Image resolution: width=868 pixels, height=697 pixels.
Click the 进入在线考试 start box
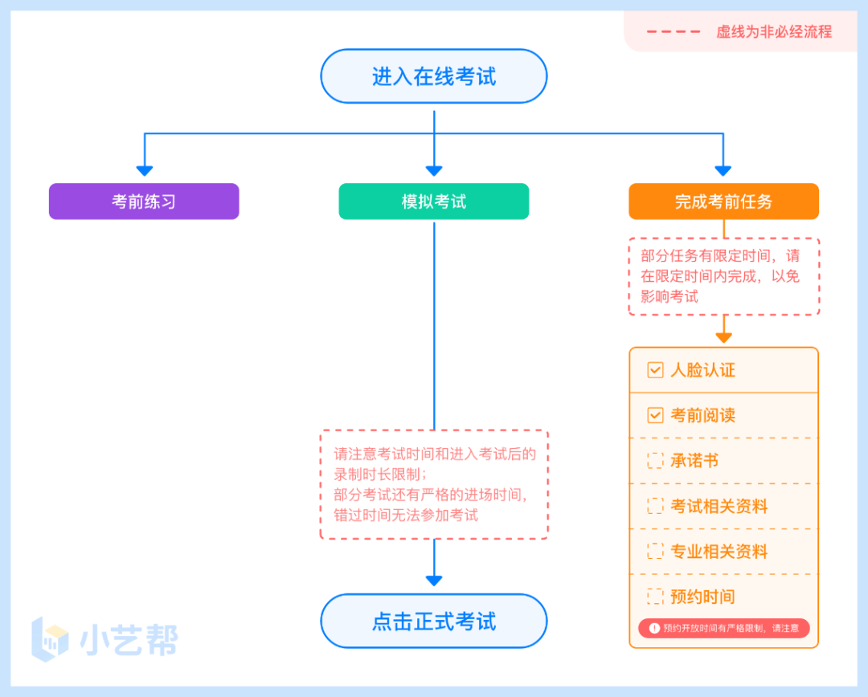pos(433,76)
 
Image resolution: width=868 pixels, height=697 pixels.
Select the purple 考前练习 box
pos(144,202)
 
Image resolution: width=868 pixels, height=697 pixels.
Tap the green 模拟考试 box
pos(433,202)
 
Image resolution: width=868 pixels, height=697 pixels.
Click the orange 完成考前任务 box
pos(723,202)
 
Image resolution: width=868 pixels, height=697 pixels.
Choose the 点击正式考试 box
pos(433,621)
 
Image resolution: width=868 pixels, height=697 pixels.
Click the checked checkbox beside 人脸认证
pos(655,370)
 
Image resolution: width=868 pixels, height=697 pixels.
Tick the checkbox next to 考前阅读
pos(655,415)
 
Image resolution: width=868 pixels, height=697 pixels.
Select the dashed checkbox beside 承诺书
pos(655,460)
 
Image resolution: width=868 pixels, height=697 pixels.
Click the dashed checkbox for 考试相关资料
pos(655,506)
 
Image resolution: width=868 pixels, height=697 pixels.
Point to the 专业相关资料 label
pos(719,552)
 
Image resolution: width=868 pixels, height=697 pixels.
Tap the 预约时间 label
pos(702,597)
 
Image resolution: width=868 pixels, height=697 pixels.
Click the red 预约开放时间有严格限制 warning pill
pos(723,628)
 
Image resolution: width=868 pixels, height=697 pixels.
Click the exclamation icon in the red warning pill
pos(654,628)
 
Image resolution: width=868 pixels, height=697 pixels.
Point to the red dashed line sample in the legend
pos(673,32)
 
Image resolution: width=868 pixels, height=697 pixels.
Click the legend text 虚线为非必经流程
pos(774,32)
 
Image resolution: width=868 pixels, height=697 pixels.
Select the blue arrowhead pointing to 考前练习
pos(144,169)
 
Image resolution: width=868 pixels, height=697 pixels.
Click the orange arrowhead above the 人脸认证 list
pos(723,337)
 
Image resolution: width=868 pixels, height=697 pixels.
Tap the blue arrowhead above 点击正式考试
pos(434,580)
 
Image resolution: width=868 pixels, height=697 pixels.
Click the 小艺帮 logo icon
pos(50,639)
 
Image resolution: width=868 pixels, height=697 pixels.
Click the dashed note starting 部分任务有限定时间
pos(723,276)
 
